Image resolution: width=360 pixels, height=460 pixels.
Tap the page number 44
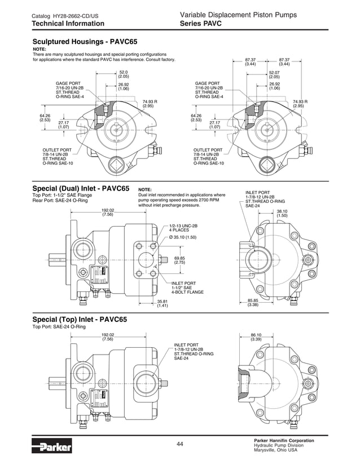pyautogui.click(x=179, y=445)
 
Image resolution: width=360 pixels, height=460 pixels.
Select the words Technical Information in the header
pyautogui.click(x=68, y=24)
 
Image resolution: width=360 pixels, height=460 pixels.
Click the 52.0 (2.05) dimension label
pyautogui.click(x=124, y=74)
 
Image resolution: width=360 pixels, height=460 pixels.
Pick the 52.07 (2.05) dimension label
pyautogui.click(x=274, y=74)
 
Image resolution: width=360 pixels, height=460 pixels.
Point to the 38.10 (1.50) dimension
pyautogui.click(x=282, y=213)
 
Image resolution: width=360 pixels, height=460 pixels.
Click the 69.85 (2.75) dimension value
pyautogui.click(x=179, y=260)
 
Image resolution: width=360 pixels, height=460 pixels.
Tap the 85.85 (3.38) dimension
pyautogui.click(x=252, y=303)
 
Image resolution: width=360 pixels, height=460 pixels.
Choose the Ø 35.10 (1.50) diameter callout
pyautogui.click(x=184, y=237)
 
